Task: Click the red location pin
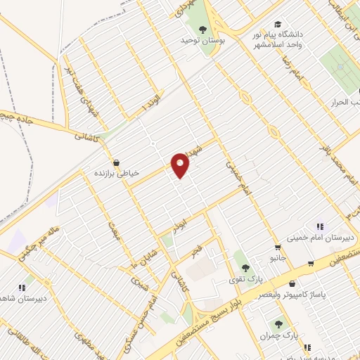point(181,165)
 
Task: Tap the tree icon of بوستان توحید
point(203,29)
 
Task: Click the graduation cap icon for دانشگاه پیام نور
point(278,24)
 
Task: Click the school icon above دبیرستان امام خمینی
point(320,226)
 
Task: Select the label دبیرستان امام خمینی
point(319,237)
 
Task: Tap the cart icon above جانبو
point(278,247)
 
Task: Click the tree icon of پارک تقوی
point(245,268)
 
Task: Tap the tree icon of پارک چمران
point(279,324)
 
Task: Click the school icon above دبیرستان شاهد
point(21,286)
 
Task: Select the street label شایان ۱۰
point(127,261)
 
